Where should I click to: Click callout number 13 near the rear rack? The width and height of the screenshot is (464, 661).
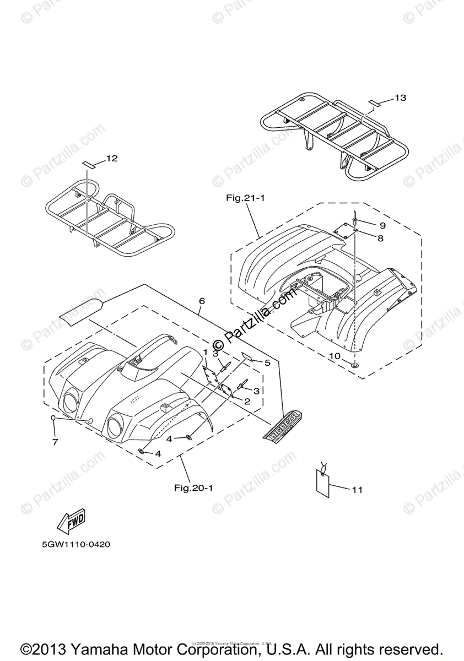tap(401, 98)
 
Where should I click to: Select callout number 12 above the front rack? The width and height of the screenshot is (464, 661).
tap(112, 159)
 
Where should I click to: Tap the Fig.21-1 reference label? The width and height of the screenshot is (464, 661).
tap(245, 198)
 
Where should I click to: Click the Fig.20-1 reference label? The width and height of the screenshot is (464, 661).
tap(193, 487)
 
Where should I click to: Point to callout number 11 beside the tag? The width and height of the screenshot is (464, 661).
tap(358, 489)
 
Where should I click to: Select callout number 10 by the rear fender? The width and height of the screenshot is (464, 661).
tap(334, 356)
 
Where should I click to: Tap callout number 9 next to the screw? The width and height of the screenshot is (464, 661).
tap(382, 225)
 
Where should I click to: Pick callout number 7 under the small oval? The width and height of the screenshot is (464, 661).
tap(55, 442)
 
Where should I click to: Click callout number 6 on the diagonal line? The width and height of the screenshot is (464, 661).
tap(202, 301)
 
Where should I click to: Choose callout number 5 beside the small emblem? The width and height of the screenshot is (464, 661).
tap(267, 362)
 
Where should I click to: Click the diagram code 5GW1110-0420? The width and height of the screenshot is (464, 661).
tap(77, 545)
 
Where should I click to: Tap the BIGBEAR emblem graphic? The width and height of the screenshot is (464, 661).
tap(287, 426)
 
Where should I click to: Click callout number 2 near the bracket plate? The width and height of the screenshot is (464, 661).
tap(247, 402)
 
